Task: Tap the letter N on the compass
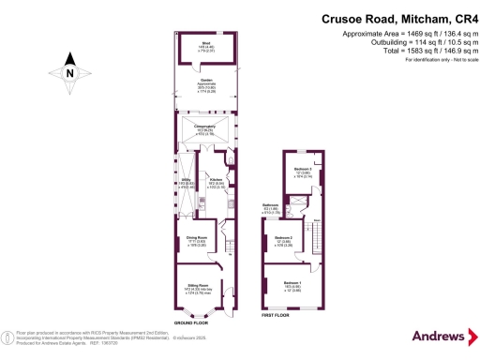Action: click(70, 70)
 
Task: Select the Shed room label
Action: click(202, 45)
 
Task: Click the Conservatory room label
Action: click(204, 127)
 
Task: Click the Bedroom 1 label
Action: click(293, 283)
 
